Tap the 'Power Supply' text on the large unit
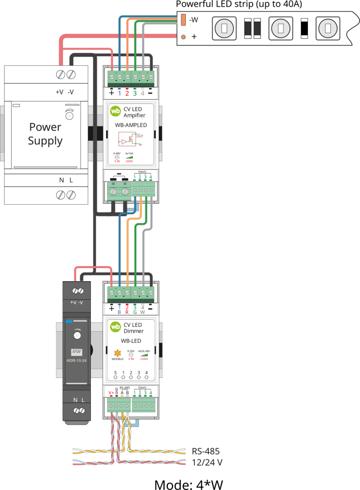tap(45, 134)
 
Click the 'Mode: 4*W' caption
tap(189, 484)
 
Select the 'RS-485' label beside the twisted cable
tap(205, 451)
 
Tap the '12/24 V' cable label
tap(207, 462)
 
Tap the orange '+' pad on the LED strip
tap(183, 37)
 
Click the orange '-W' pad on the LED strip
tap(183, 20)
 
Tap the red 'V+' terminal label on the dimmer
tap(111, 393)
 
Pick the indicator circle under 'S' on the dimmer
tap(115, 378)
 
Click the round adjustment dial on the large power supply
tap(69, 115)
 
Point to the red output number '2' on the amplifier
tap(127, 93)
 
